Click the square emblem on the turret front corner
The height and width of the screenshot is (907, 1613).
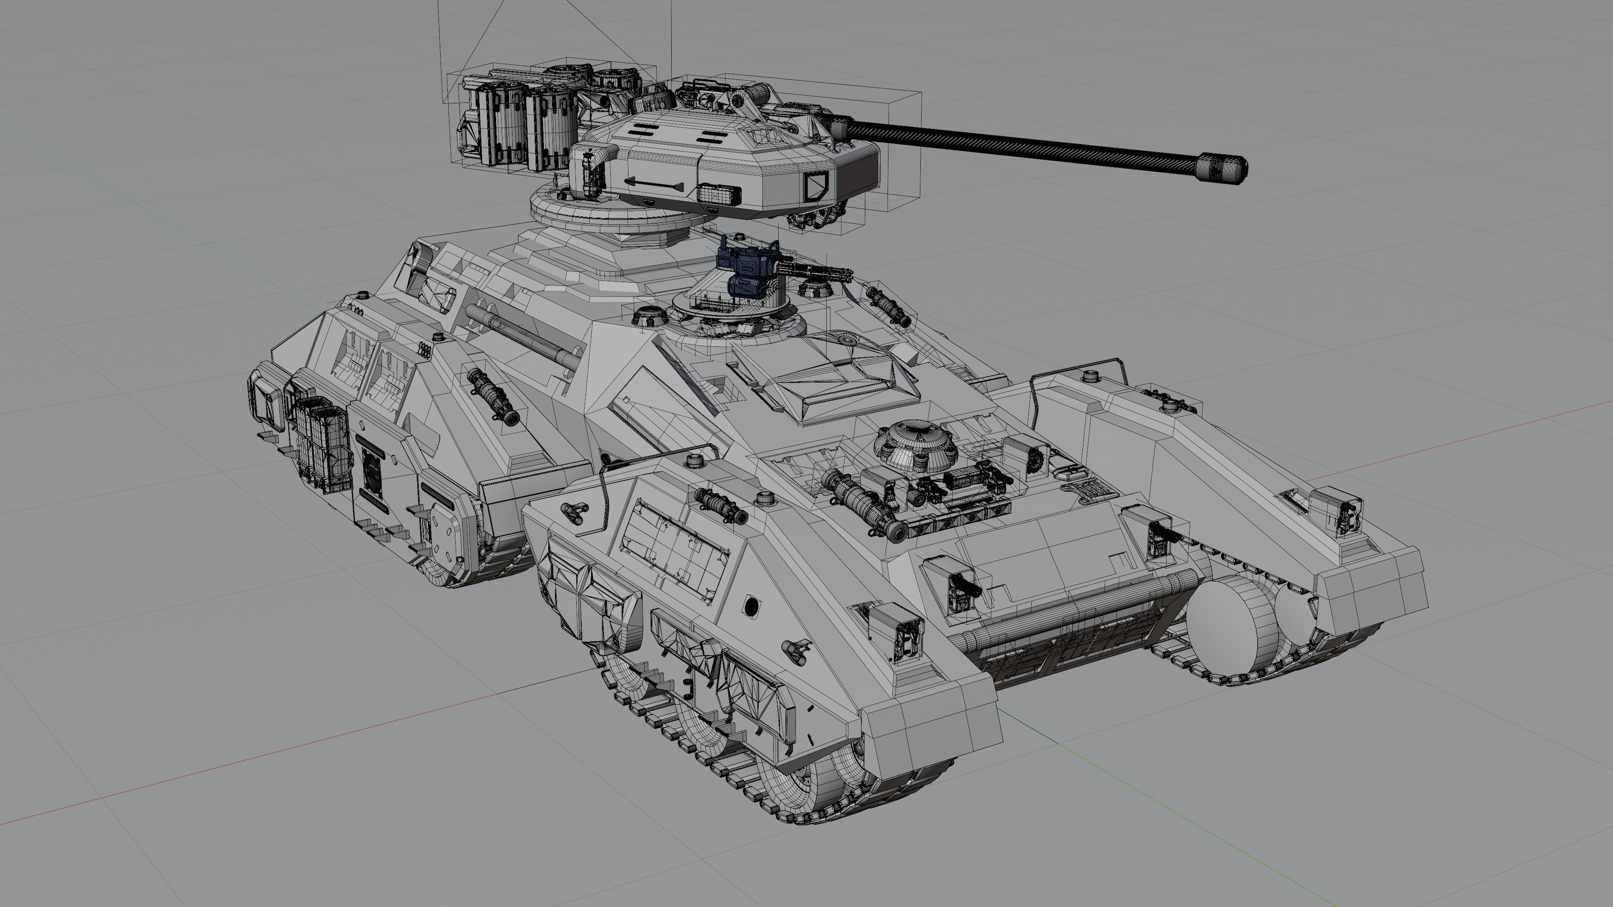[816, 185]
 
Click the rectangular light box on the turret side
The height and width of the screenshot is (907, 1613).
[719, 194]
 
